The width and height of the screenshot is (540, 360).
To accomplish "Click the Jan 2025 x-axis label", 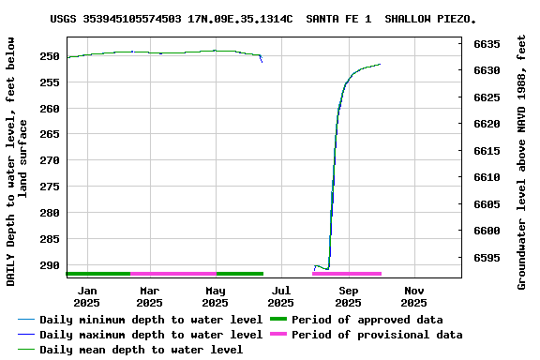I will pos(86,296).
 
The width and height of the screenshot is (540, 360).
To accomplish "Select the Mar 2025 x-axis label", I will pos(149,296).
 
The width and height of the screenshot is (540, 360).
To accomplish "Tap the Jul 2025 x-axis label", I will pos(280,296).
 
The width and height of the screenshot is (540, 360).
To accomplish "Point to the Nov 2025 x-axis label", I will pos(413,296).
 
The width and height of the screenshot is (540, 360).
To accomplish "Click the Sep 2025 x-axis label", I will pos(348,296).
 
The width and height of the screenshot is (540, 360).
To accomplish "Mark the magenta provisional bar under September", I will pos(347,274).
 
